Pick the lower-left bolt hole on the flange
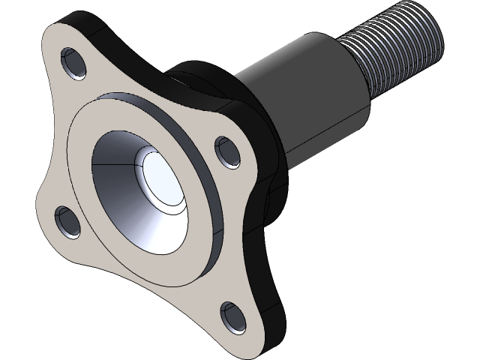coord(69,221)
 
